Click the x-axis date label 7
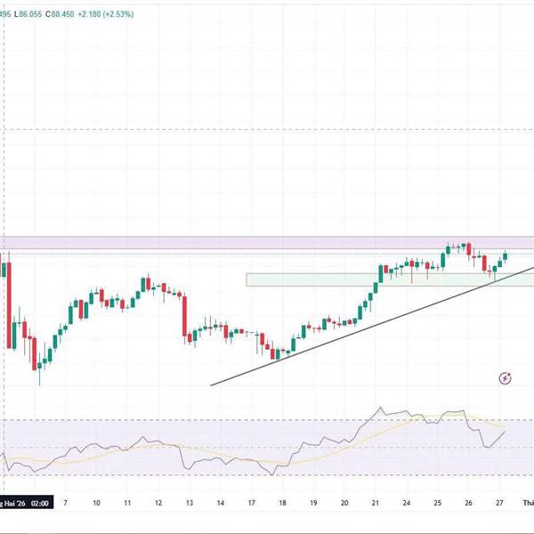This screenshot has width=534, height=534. pos(64,503)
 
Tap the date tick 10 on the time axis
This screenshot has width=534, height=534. pos(96,503)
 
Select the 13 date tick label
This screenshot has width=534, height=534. pos(190,503)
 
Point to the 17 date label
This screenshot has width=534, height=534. pos(251,503)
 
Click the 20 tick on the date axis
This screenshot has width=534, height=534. pos(344,503)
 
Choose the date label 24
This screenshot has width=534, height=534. pos(406,503)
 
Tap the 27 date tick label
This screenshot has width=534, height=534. pos(499,503)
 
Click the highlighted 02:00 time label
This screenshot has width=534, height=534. pos(41,503)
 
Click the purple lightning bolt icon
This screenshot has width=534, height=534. pos(506,378)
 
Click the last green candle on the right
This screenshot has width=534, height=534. pos(505,256)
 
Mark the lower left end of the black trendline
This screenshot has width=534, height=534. pos(211,385)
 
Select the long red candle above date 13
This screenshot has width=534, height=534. pos(184,315)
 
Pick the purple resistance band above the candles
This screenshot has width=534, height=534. pos(267,243)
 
